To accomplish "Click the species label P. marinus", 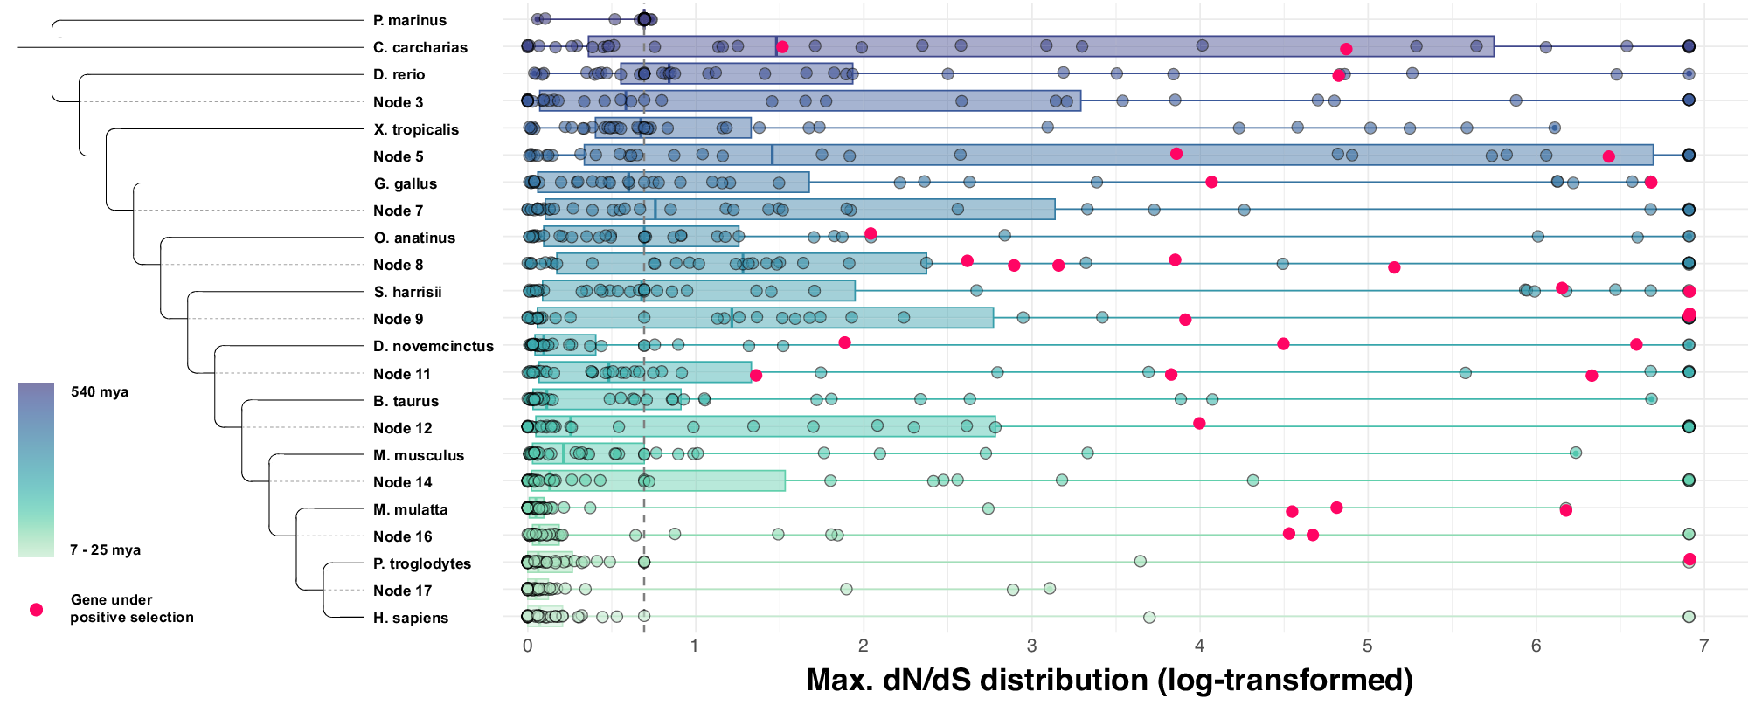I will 409,20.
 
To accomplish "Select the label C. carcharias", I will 420,47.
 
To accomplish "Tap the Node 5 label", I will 398,156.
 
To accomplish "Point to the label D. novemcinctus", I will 433,346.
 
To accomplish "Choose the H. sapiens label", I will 410,618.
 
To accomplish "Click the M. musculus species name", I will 418,455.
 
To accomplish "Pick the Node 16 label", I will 402,536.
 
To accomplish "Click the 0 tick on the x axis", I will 527,646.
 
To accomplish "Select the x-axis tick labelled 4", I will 1199,646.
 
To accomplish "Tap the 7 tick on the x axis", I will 1703,646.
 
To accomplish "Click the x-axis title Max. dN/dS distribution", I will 1108,680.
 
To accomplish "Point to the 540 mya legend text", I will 100,391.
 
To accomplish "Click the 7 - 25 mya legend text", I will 105,549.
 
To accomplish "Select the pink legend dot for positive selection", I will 36,610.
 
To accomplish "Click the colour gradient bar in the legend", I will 36,469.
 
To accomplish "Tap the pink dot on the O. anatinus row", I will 871,233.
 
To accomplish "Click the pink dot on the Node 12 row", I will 1199,423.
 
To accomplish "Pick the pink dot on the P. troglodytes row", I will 1689,559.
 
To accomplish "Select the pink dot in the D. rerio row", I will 1338,75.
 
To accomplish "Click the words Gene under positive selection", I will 131,608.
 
